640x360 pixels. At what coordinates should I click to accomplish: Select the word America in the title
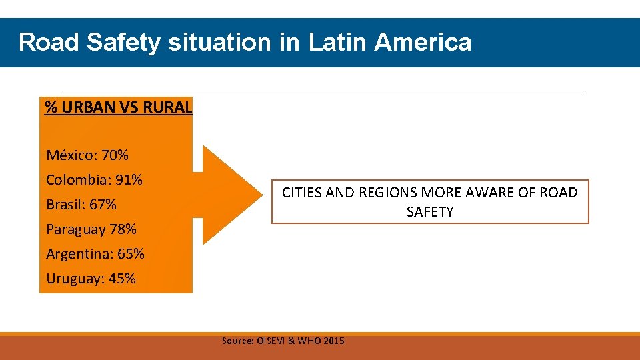click(x=423, y=43)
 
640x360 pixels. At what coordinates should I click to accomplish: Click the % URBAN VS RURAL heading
click(x=118, y=107)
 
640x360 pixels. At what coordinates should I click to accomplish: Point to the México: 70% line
click(x=87, y=155)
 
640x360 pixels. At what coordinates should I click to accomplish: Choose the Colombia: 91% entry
click(x=94, y=180)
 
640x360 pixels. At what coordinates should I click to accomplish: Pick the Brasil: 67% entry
click(x=81, y=205)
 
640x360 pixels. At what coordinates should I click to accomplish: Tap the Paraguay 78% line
click(x=91, y=229)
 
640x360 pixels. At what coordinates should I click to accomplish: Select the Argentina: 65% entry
click(x=95, y=254)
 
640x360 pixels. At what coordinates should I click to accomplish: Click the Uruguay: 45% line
click(x=91, y=279)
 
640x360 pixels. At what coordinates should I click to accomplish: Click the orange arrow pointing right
click(x=230, y=194)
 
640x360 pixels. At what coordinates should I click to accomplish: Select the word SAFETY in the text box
click(x=430, y=212)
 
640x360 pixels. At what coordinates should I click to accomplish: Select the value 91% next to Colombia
click(x=129, y=180)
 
